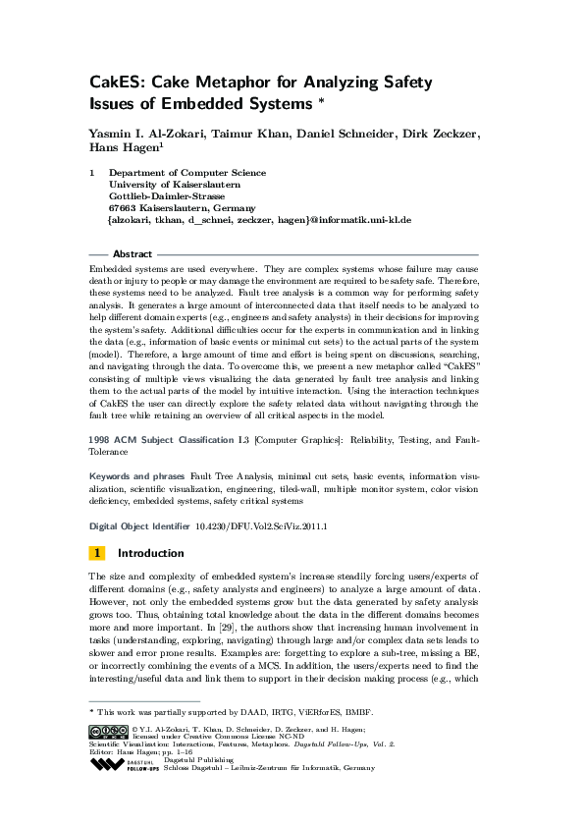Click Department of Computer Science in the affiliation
tap(186, 173)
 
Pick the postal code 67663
tap(121, 208)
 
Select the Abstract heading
tap(133, 254)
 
